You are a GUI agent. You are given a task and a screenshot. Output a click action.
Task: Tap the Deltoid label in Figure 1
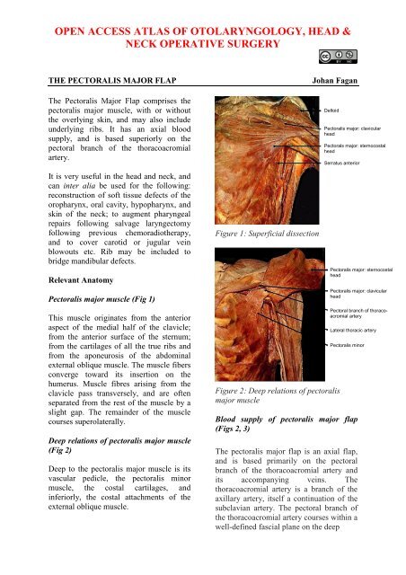(335, 110)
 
